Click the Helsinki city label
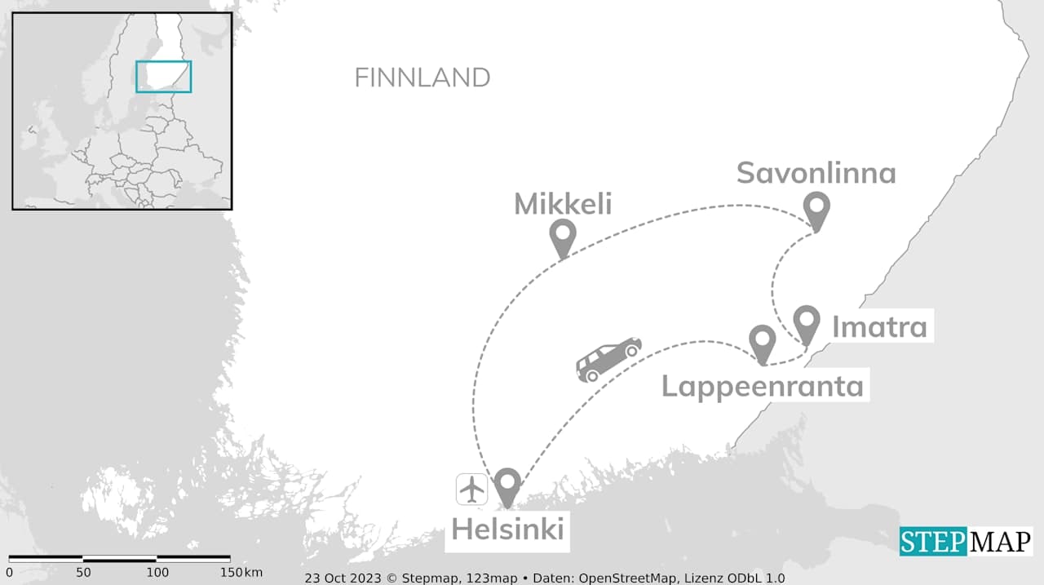coord(507,529)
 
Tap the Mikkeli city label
coord(563,204)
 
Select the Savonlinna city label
coord(816,173)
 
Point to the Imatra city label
coord(879,327)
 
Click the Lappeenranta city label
coord(762,385)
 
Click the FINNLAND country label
coord(422,78)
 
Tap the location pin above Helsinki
coord(507,485)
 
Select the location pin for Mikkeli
coord(563,235)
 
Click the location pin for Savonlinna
coord(816,208)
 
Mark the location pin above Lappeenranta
coord(762,341)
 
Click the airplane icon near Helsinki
coord(472,489)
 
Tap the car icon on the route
coord(608,359)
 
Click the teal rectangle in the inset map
coord(163,77)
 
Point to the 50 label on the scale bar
coord(83,572)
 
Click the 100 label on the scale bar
coord(157,572)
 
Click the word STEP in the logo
coord(931,542)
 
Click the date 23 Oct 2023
coord(343,578)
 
